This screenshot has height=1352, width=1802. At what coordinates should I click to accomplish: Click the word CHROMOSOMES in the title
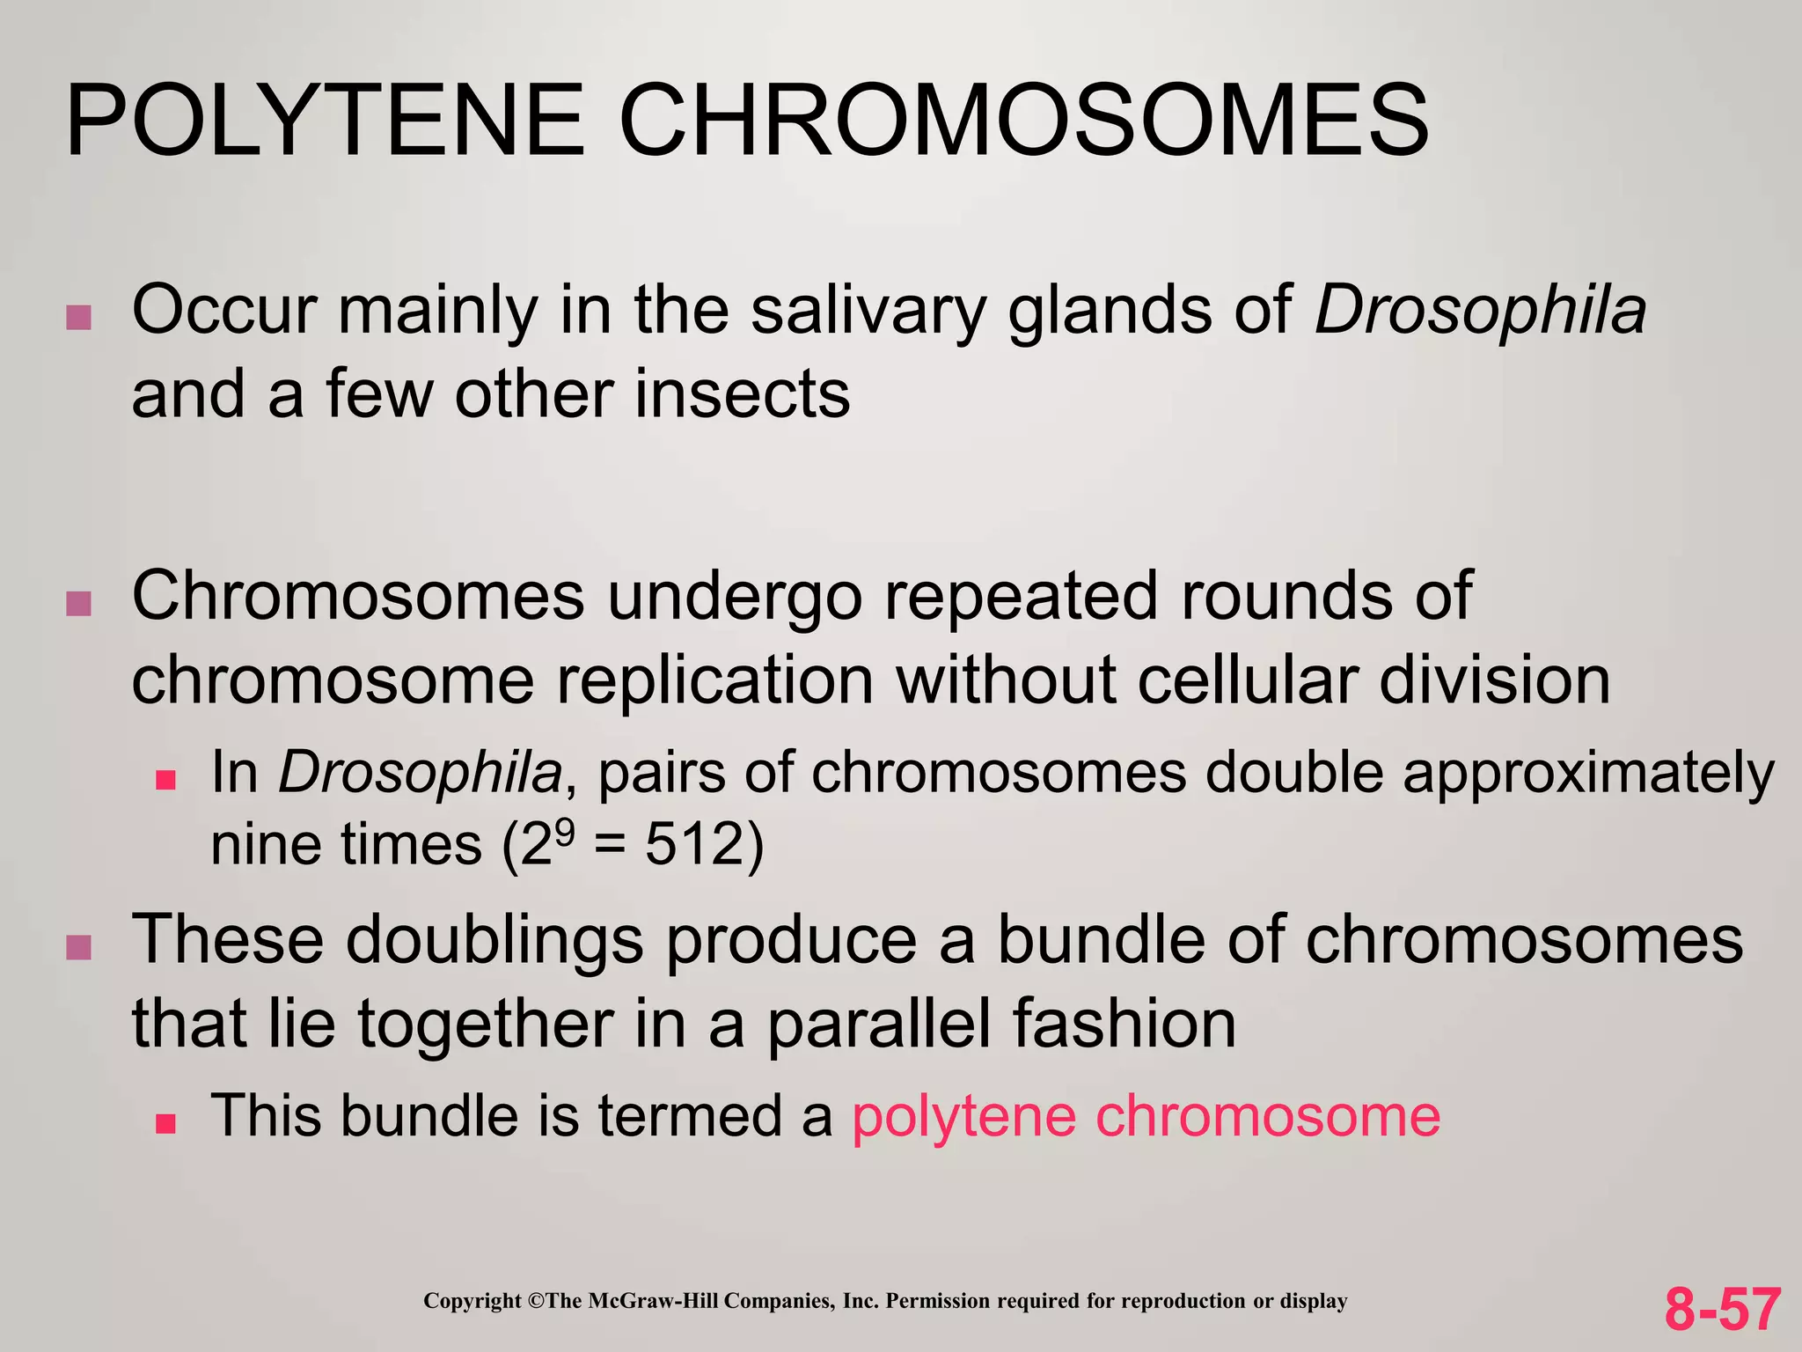pyautogui.click(x=1023, y=121)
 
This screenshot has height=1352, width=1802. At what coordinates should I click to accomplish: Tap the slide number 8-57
pyautogui.click(x=1722, y=1309)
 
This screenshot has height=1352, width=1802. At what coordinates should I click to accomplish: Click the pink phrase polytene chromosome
pyautogui.click(x=1146, y=1116)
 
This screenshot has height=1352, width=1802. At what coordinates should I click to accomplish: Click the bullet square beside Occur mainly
pyautogui.click(x=79, y=318)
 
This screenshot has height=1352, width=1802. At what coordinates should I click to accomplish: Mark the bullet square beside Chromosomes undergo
pyautogui.click(x=79, y=604)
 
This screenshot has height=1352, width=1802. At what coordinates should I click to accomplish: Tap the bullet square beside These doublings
pyautogui.click(x=79, y=948)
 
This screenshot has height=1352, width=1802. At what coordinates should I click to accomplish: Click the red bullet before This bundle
pyautogui.click(x=165, y=1123)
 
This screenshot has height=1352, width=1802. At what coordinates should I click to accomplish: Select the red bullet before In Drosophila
pyautogui.click(x=165, y=780)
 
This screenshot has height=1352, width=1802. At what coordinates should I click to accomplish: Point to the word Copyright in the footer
pyautogui.click(x=472, y=1301)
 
